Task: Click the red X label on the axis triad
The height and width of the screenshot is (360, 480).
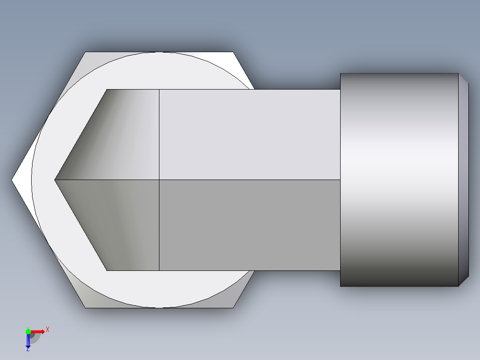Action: click(48, 329)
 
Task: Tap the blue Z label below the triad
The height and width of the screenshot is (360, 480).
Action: click(28, 350)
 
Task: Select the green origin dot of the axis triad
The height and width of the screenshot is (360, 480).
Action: click(28, 331)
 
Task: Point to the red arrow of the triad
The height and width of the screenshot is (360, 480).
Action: click(38, 331)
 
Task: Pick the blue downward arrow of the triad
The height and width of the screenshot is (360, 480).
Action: click(28, 341)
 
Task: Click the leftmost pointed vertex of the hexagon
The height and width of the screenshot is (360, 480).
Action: click(12, 180)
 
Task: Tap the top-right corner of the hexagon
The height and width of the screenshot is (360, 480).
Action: click(233, 52)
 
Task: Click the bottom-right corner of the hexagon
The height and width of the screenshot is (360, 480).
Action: click(233, 307)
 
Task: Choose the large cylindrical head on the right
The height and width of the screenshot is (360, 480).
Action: click(399, 180)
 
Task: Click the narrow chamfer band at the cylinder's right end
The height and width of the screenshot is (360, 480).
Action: click(464, 180)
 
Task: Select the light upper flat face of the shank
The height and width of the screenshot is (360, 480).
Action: click(249, 134)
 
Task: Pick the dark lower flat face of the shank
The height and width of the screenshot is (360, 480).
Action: click(249, 225)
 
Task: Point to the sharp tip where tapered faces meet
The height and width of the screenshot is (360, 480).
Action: click(55, 180)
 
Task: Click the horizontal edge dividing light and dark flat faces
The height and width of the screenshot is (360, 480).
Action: click(249, 180)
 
